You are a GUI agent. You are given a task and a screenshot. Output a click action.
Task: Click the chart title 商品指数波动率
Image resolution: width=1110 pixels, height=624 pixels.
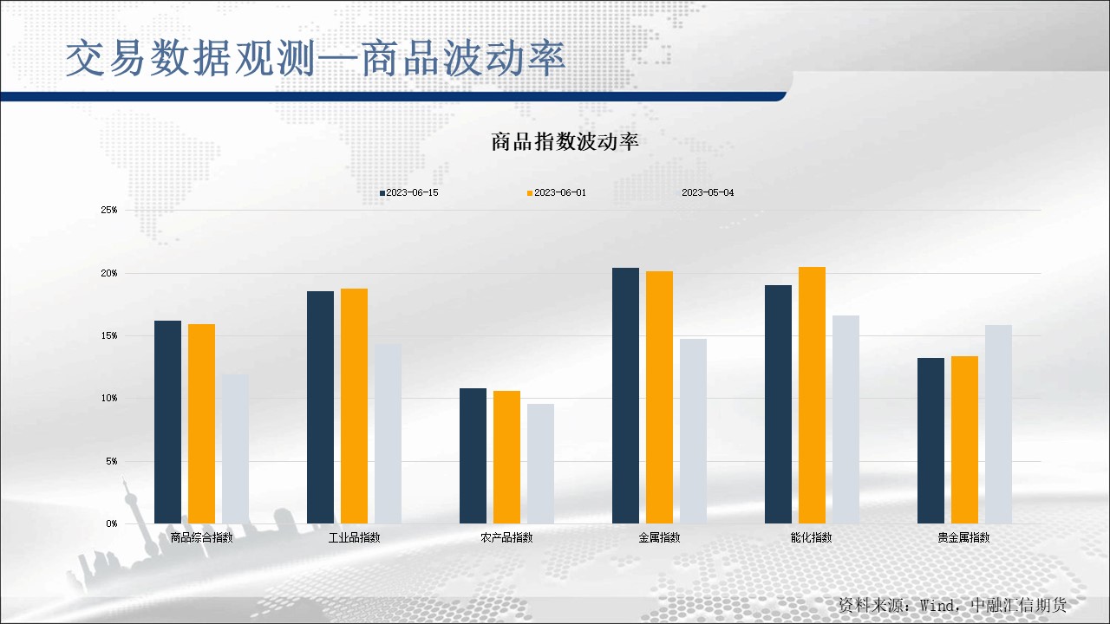tap(565, 142)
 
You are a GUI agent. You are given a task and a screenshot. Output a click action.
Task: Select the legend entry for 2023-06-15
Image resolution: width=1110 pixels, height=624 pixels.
tap(408, 192)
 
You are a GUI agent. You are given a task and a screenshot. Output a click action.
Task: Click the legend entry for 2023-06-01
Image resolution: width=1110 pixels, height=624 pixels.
tap(556, 192)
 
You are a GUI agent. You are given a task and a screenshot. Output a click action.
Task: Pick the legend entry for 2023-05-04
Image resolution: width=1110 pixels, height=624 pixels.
tap(707, 192)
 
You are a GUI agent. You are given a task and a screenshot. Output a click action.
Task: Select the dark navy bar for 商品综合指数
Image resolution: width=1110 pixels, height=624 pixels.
tap(167, 422)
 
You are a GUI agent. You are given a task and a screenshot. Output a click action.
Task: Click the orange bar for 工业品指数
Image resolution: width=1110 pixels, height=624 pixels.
tap(354, 406)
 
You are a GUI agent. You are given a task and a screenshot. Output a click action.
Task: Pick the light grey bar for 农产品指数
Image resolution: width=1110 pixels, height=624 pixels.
tap(540, 464)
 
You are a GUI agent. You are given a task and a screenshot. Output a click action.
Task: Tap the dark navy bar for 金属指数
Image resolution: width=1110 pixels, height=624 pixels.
tap(625, 395)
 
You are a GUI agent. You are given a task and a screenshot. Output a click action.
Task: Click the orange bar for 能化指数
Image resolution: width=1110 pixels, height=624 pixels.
tap(812, 395)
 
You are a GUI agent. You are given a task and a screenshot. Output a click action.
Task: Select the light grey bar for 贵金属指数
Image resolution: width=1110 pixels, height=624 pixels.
tap(998, 424)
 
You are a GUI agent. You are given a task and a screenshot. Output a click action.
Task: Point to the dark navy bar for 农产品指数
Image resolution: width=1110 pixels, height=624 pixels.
tap(473, 456)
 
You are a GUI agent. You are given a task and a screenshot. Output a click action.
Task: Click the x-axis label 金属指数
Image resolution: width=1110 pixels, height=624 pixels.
tap(659, 537)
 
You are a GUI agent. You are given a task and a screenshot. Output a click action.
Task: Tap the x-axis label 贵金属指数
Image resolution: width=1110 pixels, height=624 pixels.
tap(963, 537)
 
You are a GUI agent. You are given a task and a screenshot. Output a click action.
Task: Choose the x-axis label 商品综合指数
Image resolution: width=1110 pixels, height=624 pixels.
tap(202, 537)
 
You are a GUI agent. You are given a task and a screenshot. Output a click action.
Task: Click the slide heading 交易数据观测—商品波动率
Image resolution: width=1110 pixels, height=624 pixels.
tap(316, 59)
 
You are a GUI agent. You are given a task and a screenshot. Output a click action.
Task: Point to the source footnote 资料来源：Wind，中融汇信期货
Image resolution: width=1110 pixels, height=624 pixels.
tap(951, 604)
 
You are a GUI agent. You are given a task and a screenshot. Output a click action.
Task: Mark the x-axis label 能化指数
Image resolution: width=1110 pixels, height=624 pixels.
tap(811, 537)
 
